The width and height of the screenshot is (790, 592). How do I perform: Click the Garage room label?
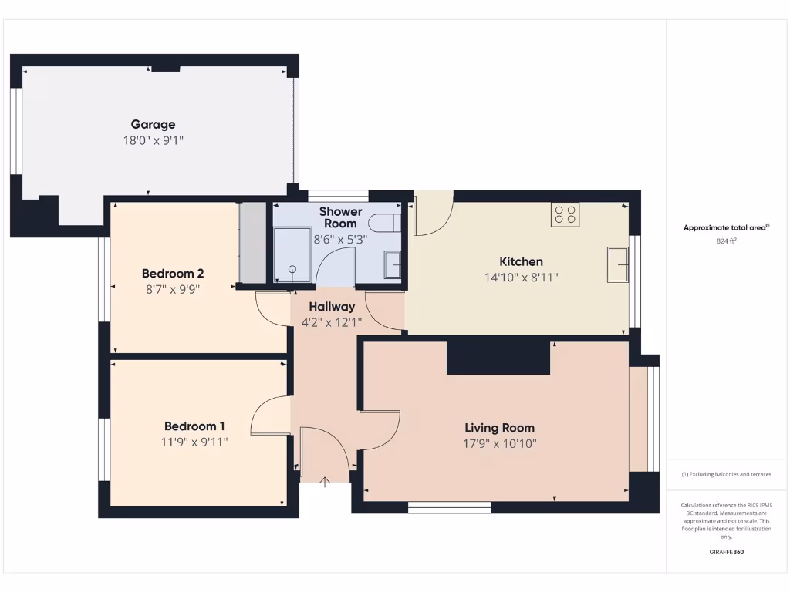coord(153,124)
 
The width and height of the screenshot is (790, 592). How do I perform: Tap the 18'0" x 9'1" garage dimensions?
coord(153,140)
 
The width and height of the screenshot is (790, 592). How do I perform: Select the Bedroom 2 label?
coord(173,274)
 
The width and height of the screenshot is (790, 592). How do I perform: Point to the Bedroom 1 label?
coord(194,426)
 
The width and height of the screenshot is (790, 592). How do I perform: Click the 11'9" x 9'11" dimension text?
coord(194,442)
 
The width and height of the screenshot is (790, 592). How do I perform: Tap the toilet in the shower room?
coord(383,224)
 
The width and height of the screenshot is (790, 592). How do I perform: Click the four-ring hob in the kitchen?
coord(565,214)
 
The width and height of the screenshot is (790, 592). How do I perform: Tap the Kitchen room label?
coord(521,262)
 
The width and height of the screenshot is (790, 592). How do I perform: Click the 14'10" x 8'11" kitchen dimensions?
coord(521,277)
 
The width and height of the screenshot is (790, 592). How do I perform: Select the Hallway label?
coord(332,307)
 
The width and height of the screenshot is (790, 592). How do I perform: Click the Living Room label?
coord(499,428)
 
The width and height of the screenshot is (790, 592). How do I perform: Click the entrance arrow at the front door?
coord(325,483)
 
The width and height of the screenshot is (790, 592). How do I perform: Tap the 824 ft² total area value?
coord(726,241)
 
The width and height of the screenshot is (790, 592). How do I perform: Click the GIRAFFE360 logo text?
coord(726,552)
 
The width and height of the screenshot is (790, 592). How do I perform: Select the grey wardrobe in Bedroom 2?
coord(252,242)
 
